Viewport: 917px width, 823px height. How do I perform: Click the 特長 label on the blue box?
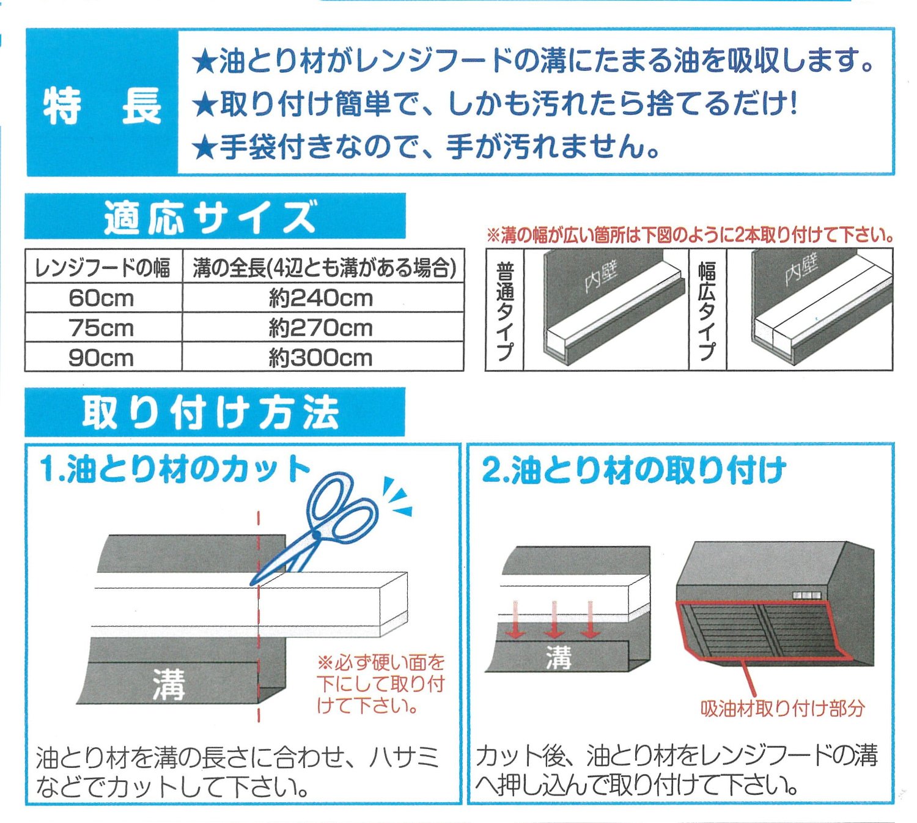[x=102, y=106]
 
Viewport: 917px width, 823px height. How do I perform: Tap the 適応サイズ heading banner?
[x=215, y=216]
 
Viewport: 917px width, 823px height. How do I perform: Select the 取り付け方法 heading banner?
[x=215, y=412]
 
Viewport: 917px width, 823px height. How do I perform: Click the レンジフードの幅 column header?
[x=103, y=268]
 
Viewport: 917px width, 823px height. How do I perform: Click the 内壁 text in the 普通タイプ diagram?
[x=600, y=277]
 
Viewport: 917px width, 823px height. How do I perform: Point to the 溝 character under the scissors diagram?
[x=169, y=684]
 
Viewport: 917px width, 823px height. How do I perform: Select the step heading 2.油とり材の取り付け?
[x=634, y=470]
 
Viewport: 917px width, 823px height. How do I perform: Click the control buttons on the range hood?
[x=806, y=596]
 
